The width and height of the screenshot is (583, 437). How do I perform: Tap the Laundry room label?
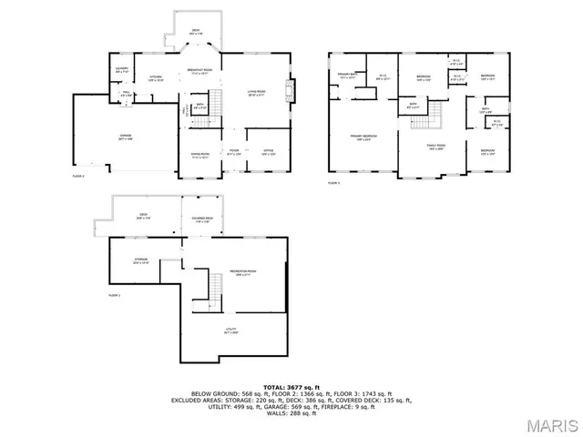[x=121, y=69]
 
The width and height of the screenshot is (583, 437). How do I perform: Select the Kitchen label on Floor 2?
[x=156, y=77]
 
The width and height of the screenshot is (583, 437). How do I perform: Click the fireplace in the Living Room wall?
[x=289, y=89]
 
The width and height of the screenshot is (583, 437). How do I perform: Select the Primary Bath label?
[x=348, y=76]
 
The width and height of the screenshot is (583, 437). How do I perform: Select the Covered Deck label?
[x=202, y=219]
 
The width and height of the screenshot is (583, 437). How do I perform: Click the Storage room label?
[x=141, y=260]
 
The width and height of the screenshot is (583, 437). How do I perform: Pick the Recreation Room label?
[x=241, y=272]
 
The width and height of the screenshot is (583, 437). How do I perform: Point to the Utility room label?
[x=230, y=330]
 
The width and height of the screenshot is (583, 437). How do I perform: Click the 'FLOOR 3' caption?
[x=334, y=183]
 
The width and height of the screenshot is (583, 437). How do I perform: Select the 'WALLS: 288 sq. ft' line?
[x=291, y=413]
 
